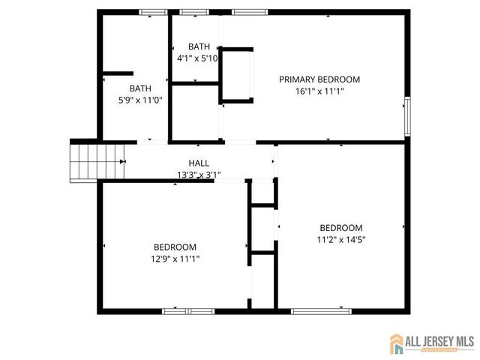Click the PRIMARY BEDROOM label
click(x=319, y=79)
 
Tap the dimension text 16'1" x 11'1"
click(x=319, y=91)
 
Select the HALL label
click(x=199, y=163)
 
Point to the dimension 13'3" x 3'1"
click(x=199, y=175)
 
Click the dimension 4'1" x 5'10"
click(x=197, y=58)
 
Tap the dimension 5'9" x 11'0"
click(x=140, y=99)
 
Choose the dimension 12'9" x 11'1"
click(x=175, y=259)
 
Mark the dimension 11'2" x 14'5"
click(x=341, y=240)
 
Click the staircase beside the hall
click(x=97, y=160)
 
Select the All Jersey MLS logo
click(x=433, y=343)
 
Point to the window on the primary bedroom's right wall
click(x=408, y=115)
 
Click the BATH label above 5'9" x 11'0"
click(x=140, y=87)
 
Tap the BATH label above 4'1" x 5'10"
click(x=199, y=46)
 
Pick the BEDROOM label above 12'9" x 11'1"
click(x=175, y=247)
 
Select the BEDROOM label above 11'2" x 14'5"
click(x=341, y=228)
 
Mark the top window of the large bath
click(x=153, y=11)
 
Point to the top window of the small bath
click(x=194, y=11)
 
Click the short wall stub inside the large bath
click(x=117, y=73)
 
